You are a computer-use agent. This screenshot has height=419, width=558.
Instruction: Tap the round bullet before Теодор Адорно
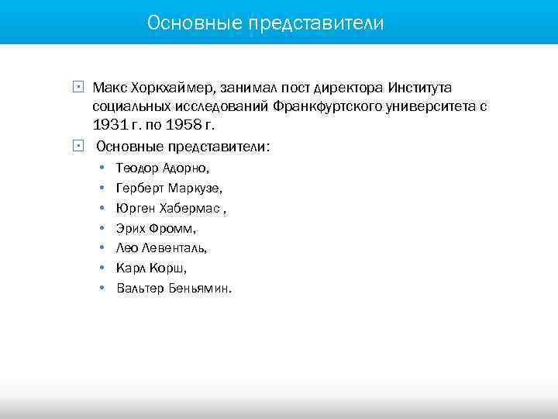point(102,168)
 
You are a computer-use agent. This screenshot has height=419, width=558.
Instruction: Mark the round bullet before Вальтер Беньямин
point(102,289)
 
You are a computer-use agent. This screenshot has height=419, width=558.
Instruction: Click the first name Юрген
point(136,208)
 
